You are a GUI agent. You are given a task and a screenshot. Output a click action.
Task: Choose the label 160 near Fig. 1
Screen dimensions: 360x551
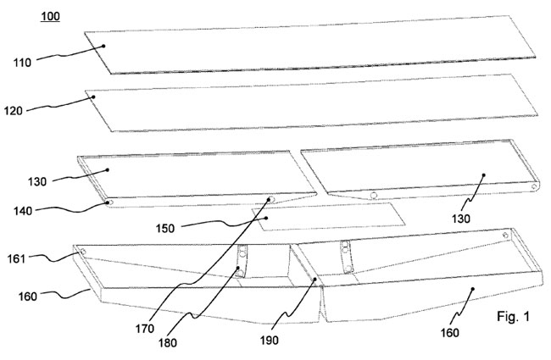coord(449,332)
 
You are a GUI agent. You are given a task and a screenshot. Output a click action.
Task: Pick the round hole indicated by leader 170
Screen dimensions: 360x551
coord(272,200)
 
